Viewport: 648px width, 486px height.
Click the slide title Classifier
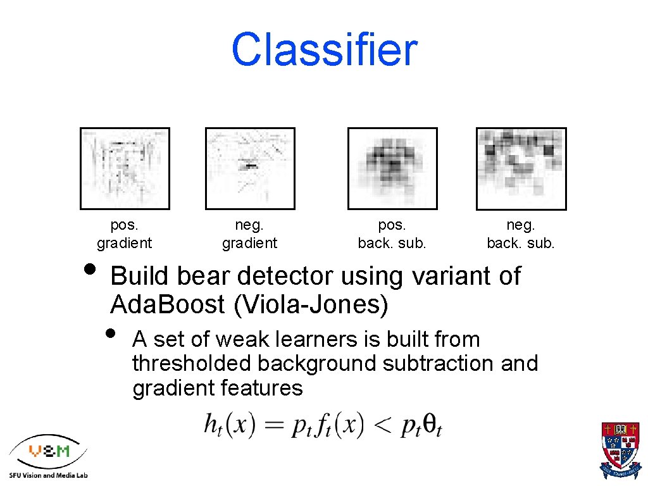324,49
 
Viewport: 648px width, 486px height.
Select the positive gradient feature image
125,168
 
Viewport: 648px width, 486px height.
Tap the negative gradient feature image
250,168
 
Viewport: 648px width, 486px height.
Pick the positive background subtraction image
392,168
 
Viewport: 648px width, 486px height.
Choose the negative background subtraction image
521,168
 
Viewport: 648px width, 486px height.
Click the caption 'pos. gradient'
124,234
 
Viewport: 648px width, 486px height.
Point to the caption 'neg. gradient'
249,234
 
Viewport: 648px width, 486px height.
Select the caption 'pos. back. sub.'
392,234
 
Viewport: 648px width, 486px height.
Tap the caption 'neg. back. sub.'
521,234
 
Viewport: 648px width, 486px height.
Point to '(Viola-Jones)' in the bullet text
311,305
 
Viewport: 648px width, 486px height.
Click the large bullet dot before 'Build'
91,266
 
